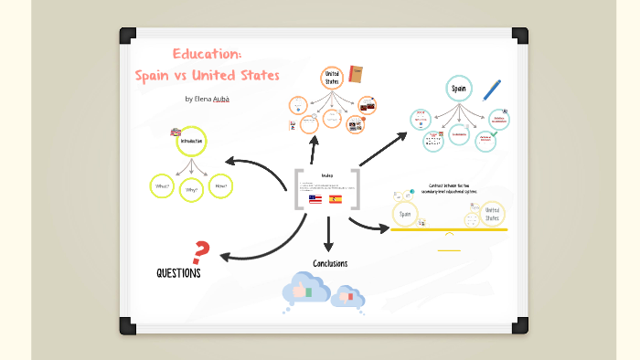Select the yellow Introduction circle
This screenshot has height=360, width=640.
pyautogui.click(x=191, y=142)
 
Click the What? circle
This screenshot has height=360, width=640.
pyautogui.click(x=162, y=186)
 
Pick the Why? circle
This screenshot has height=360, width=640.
pyautogui.click(x=191, y=190)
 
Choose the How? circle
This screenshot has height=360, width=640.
pyautogui.click(x=220, y=186)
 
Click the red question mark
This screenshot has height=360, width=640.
pyautogui.click(x=202, y=251)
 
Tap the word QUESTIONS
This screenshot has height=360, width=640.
pyautogui.click(x=178, y=273)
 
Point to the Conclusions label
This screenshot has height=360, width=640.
pyautogui.click(x=330, y=264)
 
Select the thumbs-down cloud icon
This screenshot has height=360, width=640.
pyautogui.click(x=348, y=296)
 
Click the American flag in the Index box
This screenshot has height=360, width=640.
pyautogui.click(x=315, y=198)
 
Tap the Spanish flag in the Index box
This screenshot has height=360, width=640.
pyautogui.click(x=336, y=198)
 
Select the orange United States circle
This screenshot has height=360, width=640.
pyautogui.click(x=332, y=79)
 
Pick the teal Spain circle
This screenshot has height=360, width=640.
pyautogui.click(x=458, y=89)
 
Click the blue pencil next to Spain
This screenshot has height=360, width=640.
pyautogui.click(x=493, y=89)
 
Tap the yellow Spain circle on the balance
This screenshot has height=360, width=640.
pyautogui.click(x=405, y=215)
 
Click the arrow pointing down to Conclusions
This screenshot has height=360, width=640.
pyautogui.click(x=328, y=239)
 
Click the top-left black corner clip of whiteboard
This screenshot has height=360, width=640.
pyautogui.click(x=126, y=36)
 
